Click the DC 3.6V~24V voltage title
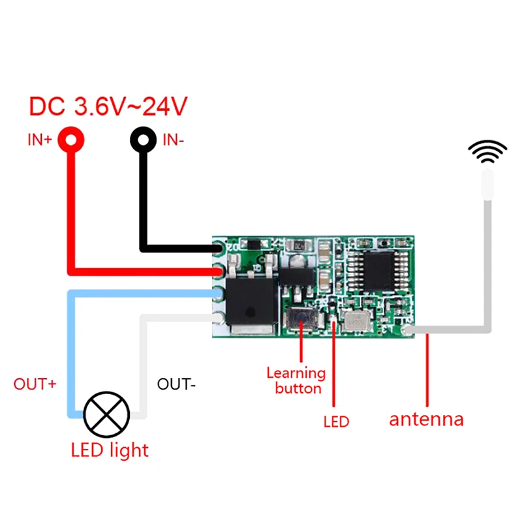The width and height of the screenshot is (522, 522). tap(108, 106)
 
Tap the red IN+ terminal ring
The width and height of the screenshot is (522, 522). tap(72, 139)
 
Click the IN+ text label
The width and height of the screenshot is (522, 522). tap(39, 140)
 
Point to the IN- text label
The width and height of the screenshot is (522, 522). tap(173, 139)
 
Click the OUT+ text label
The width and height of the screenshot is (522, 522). tap(35, 384)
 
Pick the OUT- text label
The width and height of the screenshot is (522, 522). tap(176, 384)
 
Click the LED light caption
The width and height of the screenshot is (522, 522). tap(110, 450)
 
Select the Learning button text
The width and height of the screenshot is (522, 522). tap(296, 381)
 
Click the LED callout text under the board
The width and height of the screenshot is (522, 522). tap(336, 422)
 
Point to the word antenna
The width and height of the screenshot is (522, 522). tap(426, 419)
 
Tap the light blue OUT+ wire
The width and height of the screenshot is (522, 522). tap(72, 352)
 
